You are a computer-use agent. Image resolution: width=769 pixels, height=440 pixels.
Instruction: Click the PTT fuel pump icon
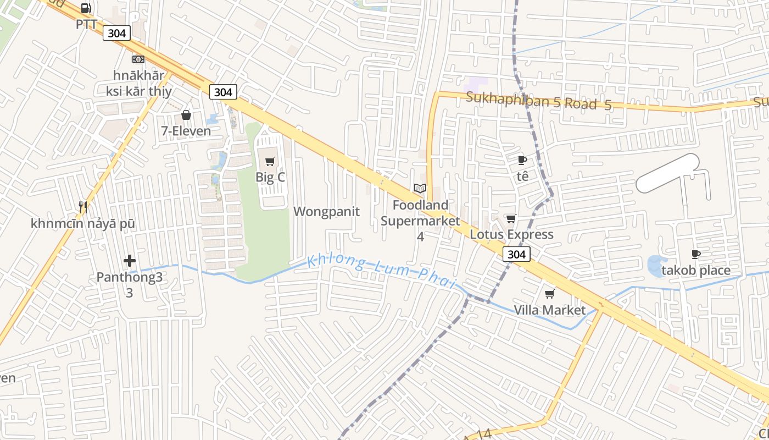pos(86,8)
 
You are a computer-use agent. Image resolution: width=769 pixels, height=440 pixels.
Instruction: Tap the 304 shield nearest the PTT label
pos(116,34)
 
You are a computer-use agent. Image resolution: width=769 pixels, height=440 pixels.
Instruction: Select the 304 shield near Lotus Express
pos(516,254)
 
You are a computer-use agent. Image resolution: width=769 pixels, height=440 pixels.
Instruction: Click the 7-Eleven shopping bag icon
pos(186,115)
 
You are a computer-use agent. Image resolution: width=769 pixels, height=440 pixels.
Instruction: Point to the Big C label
pos(270,177)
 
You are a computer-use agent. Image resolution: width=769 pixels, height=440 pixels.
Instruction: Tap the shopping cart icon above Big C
pos(270,161)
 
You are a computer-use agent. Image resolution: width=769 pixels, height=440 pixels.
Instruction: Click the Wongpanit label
pos(326,212)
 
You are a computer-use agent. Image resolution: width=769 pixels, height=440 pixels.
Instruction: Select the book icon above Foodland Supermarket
pos(420,189)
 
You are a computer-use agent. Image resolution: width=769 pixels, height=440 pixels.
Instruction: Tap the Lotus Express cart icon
pos(511,219)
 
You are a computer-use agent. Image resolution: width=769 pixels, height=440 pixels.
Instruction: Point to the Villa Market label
pos(549,310)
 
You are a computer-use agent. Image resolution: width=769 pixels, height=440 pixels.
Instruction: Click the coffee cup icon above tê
pos(522,160)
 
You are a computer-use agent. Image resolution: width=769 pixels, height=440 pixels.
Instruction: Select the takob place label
pos(695,270)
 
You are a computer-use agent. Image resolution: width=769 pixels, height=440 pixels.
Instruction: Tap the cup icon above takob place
pos(695,254)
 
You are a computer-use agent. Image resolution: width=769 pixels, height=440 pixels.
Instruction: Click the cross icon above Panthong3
pos(130,261)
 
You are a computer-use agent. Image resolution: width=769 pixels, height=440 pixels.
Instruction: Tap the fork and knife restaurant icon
pos(83,207)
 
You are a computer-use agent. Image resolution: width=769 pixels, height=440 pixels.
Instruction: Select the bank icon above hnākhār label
pos(138,59)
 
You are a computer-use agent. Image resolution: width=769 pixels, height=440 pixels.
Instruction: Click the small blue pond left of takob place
pos(655,266)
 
